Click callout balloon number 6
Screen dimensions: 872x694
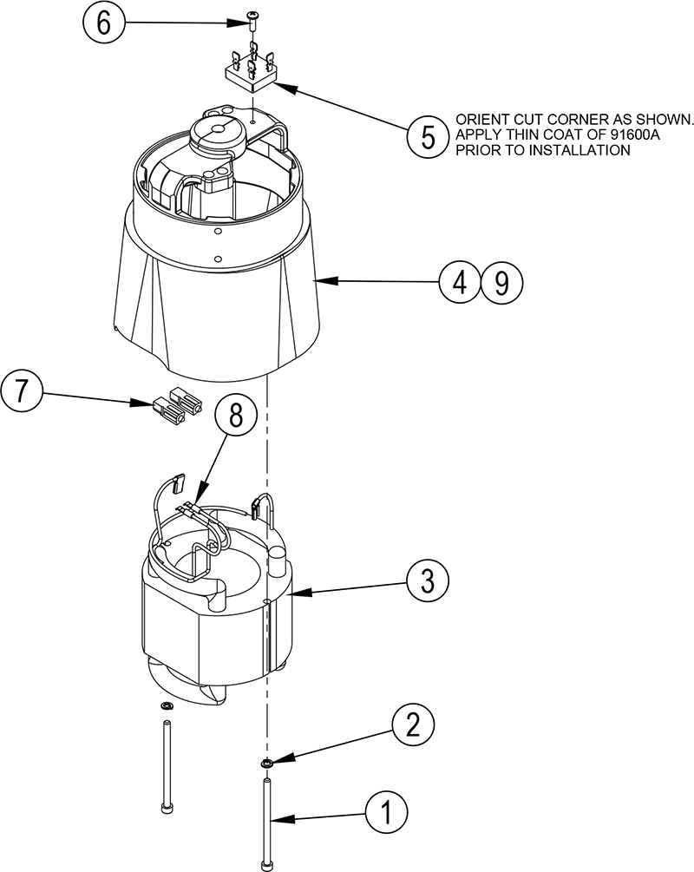pyautogui.click(x=104, y=23)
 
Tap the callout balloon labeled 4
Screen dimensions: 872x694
pyautogui.click(x=459, y=281)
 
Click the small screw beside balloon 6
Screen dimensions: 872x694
pyautogui.click(x=252, y=16)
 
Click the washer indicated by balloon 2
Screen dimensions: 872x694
pyautogui.click(x=267, y=764)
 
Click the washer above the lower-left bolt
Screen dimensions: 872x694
pyautogui.click(x=165, y=706)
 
